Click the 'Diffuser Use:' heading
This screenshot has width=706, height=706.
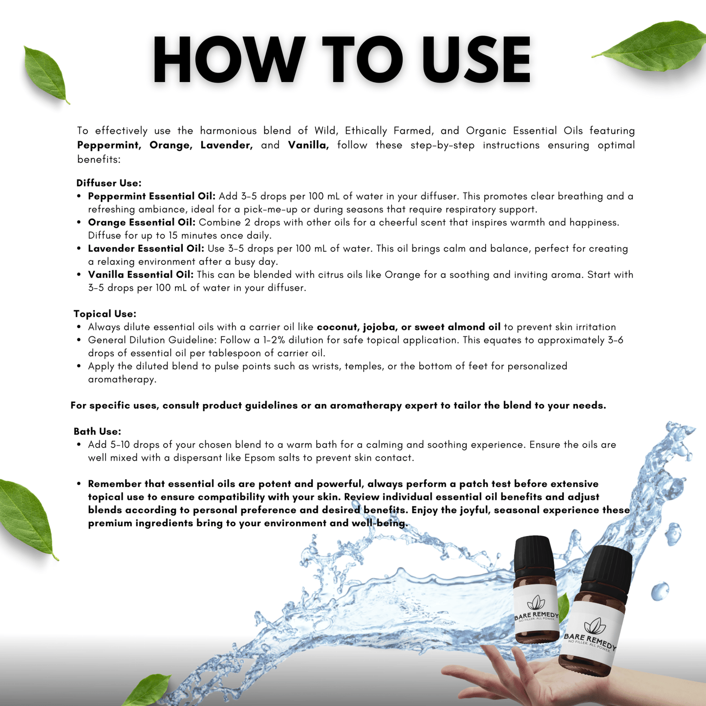pyautogui.click(x=109, y=183)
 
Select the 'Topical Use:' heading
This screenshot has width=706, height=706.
pyautogui.click(x=105, y=314)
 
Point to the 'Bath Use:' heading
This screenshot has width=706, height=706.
pyautogui.click(x=97, y=431)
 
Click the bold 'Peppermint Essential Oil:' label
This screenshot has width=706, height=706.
pyautogui.click(x=151, y=196)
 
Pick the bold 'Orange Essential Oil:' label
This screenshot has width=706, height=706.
pyautogui.click(x=141, y=222)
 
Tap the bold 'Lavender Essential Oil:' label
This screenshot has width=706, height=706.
pyautogui.click(x=146, y=248)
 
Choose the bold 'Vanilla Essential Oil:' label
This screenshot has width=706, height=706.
pyautogui.click(x=141, y=275)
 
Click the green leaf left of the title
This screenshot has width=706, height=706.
pyautogui.click(x=45, y=75)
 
